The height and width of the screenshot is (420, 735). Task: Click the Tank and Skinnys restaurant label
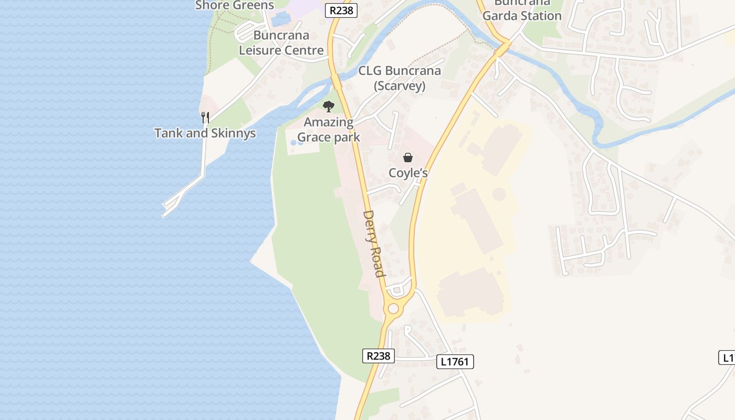pyautogui.click(x=205, y=133)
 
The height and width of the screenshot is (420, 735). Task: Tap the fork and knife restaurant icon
pyautogui.click(x=205, y=118)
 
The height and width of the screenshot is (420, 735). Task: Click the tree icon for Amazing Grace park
pyautogui.click(x=329, y=107)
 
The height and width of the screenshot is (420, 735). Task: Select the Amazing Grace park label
pyautogui.click(x=329, y=130)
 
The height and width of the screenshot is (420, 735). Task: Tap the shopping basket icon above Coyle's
pyautogui.click(x=408, y=157)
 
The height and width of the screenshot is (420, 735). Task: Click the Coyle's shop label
pyautogui.click(x=408, y=173)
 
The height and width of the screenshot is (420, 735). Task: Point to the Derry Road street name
pyautogui.click(x=374, y=243)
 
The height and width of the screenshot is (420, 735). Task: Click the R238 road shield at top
pyautogui.click(x=341, y=10)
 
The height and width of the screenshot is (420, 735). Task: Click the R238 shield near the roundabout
pyautogui.click(x=378, y=356)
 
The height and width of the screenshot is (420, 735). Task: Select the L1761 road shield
pyautogui.click(x=455, y=361)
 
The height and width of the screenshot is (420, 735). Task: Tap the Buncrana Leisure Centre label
pyautogui.click(x=281, y=43)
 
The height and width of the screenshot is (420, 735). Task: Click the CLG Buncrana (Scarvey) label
pyautogui.click(x=400, y=78)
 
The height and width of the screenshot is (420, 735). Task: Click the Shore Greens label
pyautogui.click(x=235, y=5)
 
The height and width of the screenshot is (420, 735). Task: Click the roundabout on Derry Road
pyautogui.click(x=393, y=309)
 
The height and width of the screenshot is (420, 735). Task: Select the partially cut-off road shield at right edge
pyautogui.click(x=727, y=358)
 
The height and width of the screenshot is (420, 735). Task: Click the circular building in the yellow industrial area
pyautogui.click(x=499, y=194)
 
